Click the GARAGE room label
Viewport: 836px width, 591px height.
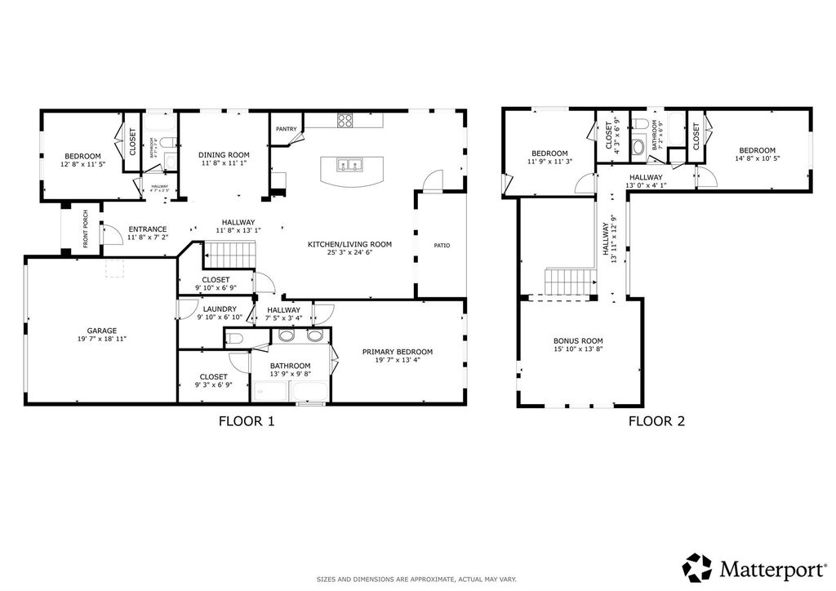click(x=101, y=331)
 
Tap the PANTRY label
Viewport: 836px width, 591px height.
click(x=286, y=129)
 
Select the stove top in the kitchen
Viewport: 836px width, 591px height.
click(x=345, y=121)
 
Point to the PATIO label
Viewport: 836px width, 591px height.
click(x=442, y=246)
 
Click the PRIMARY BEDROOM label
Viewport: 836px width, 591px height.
click(x=398, y=352)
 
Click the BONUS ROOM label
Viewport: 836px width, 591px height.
click(x=578, y=341)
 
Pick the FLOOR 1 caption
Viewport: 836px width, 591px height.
click(x=247, y=422)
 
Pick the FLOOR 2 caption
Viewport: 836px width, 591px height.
click(x=656, y=422)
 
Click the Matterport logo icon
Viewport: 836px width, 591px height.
click(x=697, y=567)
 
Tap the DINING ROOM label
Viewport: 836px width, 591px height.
click(x=224, y=154)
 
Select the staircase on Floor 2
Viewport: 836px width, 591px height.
click(x=569, y=282)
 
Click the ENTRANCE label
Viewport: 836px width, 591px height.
click(x=148, y=229)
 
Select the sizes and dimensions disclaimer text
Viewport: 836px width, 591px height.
click(x=416, y=579)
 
